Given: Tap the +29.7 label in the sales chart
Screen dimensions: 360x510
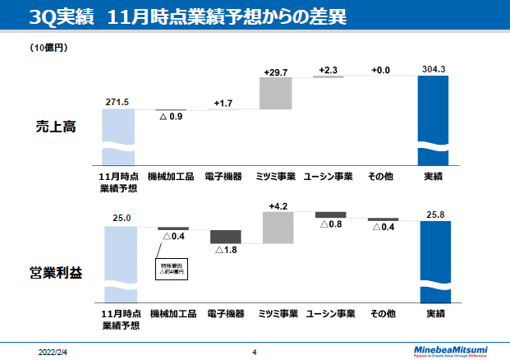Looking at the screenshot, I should coord(277,72).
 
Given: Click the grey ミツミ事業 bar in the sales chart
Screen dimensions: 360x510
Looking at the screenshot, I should coord(276,94).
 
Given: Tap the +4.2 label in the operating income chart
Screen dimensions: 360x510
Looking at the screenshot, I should coord(278,205).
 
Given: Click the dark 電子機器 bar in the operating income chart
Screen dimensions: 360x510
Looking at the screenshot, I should coord(225,236).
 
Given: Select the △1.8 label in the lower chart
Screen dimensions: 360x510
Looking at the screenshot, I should coord(225,250).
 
